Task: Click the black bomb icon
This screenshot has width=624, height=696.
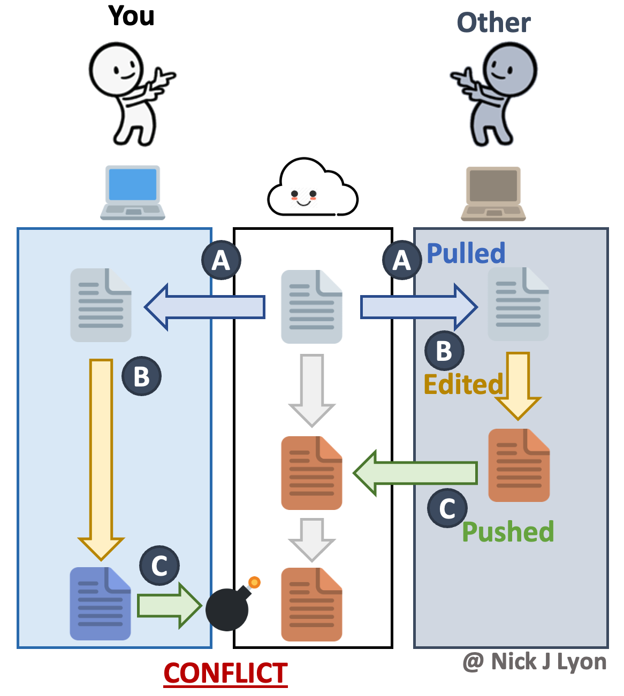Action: pos(227,609)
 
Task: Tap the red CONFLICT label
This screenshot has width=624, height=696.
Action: pos(225,673)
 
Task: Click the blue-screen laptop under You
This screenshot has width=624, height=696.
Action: pos(133,192)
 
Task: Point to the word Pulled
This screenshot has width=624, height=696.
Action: pos(466,253)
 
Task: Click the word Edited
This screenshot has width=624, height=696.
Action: pos(463,384)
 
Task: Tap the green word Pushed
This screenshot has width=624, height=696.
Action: pos(507,532)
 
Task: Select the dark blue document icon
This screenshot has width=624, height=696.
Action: pos(101,604)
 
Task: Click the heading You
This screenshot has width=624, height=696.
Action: pos(131,16)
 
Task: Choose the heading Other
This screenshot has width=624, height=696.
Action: pos(493,23)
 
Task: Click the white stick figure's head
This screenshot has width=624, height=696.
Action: pos(116,69)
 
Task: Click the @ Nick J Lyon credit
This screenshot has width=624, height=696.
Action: pos(534,662)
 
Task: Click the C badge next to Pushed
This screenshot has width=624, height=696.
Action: pos(447,508)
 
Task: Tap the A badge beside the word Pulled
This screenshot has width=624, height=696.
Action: pos(401,260)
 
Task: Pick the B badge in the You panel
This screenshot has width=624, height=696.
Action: pos(141,376)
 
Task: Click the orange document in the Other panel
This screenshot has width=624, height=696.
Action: pos(519,465)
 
